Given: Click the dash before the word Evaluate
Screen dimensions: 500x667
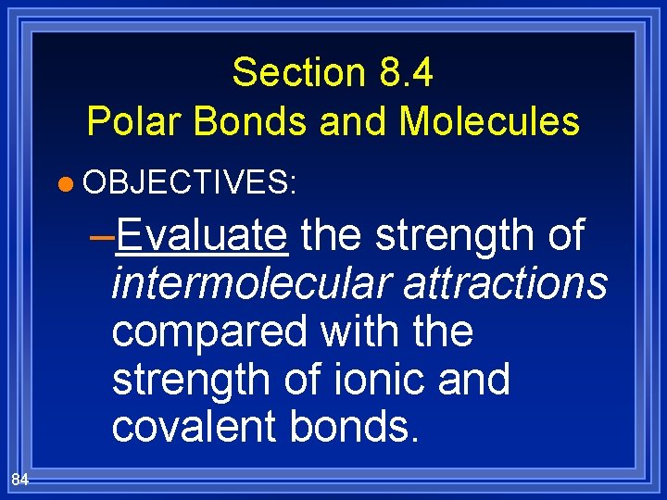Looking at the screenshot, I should (x=102, y=237).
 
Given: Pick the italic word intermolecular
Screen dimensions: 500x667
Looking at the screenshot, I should (x=251, y=283).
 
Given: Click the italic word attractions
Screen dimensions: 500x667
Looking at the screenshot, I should (x=505, y=283).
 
